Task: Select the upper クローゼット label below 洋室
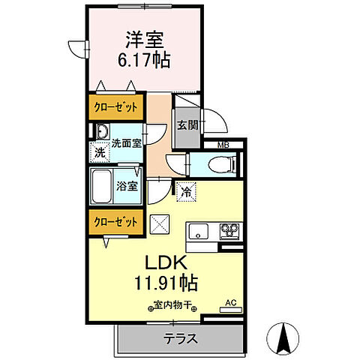click(x=115, y=106)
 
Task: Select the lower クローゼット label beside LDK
click(x=115, y=222)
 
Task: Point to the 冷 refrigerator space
click(x=186, y=191)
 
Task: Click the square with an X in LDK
click(x=160, y=223)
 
